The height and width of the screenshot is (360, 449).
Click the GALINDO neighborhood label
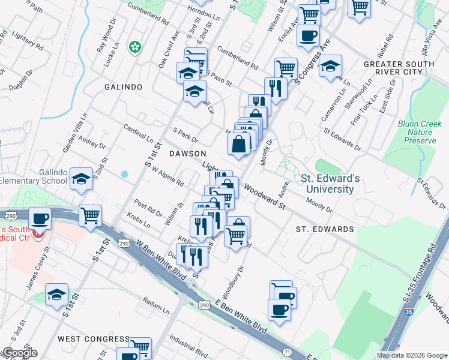[123, 87]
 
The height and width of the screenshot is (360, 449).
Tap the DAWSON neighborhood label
[187, 154]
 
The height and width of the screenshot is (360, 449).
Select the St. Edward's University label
[330, 184]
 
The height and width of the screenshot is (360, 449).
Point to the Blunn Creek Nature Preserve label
[417, 132]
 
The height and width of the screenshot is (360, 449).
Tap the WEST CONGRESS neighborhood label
[93, 339]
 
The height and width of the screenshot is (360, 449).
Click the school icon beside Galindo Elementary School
[81, 178]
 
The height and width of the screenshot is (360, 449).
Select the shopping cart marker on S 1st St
[90, 215]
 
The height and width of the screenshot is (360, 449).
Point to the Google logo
[19, 353]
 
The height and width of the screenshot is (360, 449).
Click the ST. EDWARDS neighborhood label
[325, 229]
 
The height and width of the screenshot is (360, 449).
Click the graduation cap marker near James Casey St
[56, 295]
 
